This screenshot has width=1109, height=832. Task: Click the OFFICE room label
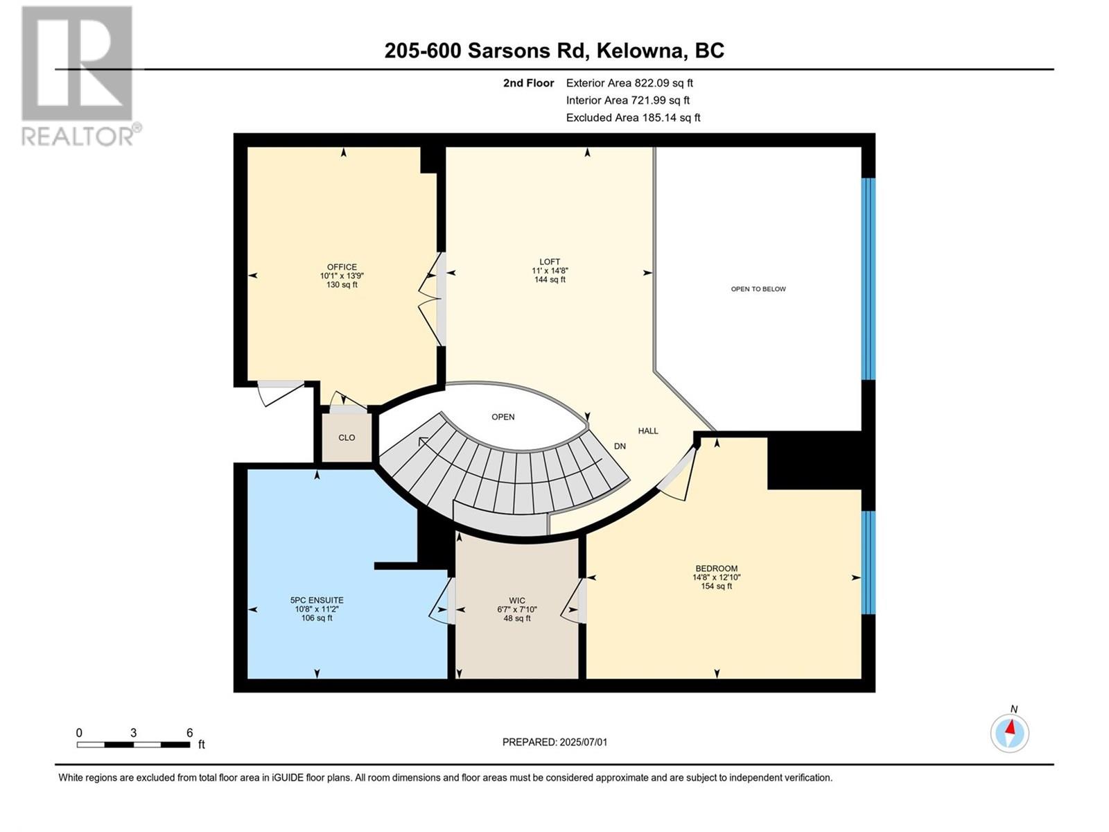[x=342, y=268]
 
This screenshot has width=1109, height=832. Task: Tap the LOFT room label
[x=550, y=262]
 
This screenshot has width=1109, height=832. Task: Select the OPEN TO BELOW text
[x=758, y=289]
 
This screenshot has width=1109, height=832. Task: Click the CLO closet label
[x=347, y=437]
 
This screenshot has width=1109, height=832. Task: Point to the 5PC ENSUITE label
[x=317, y=600]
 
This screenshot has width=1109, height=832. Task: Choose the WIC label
[x=517, y=601]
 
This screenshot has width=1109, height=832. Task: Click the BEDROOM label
[x=717, y=569]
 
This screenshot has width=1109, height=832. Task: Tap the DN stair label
[x=620, y=447]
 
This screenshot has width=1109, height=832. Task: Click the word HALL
[x=648, y=431]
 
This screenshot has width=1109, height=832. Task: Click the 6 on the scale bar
[x=189, y=733]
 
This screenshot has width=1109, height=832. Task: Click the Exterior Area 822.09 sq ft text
[x=629, y=83]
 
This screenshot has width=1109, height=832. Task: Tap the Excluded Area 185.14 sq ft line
[x=633, y=118]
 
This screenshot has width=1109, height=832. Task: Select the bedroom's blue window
[x=868, y=562]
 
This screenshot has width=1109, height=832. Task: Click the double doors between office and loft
[x=433, y=299]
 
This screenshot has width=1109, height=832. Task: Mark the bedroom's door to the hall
[x=679, y=474]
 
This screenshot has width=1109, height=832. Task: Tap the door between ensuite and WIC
[x=444, y=601]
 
